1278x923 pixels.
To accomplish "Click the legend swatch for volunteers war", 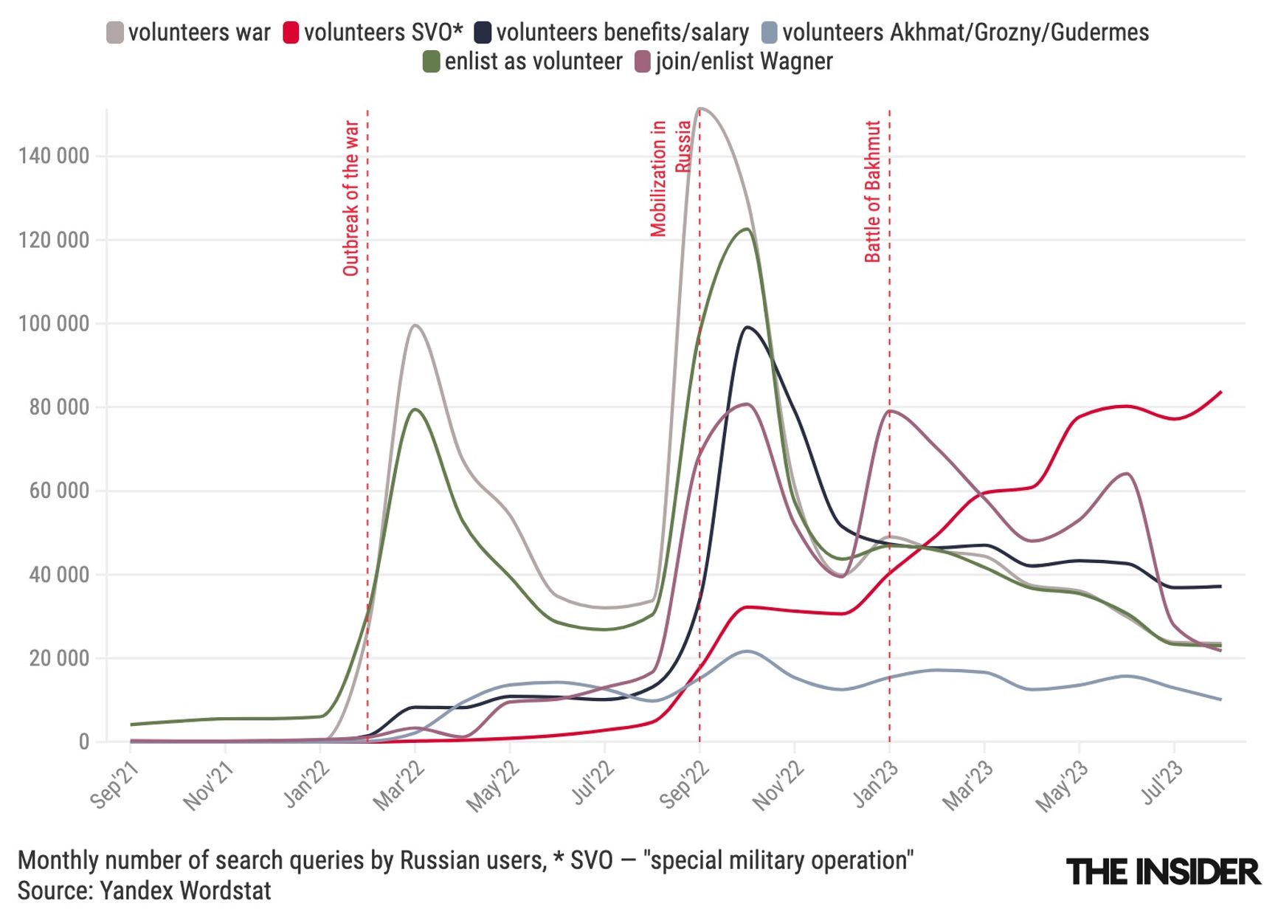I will (115, 32).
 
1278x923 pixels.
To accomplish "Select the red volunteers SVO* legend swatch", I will (291, 32).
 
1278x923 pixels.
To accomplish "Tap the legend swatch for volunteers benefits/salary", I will (483, 32).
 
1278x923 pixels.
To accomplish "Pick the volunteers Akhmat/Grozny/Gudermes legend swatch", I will (769, 32).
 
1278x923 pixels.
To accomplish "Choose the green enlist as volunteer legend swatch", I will (431, 61).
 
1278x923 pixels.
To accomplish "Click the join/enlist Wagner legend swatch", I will (643, 61).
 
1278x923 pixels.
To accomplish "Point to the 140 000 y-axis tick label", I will (53, 156).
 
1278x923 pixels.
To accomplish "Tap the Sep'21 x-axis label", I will (114, 786).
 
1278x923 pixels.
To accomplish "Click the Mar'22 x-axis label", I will (399, 786).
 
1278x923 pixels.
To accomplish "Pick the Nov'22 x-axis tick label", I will (778, 786).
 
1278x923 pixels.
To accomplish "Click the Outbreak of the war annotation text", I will (351, 198).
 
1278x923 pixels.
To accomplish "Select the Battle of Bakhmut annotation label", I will (873, 191).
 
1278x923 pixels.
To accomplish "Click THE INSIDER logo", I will (1163, 871).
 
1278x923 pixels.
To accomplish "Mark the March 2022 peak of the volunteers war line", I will (415, 325).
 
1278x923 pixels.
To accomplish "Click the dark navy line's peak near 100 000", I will (747, 327).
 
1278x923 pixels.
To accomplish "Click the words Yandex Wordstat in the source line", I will (185, 891).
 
